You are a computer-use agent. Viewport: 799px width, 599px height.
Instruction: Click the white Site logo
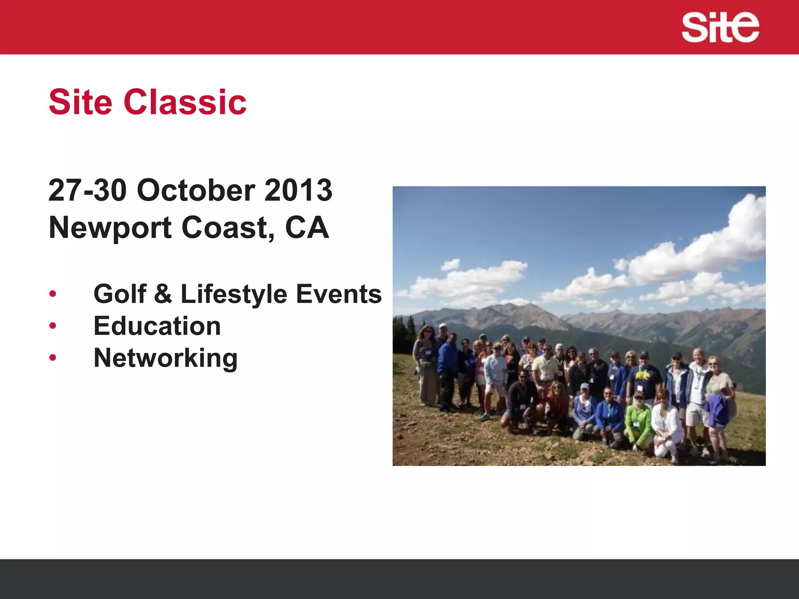click(x=720, y=27)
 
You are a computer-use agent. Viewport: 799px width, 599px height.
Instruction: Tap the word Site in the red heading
click(x=80, y=102)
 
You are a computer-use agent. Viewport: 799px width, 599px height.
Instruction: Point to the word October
click(x=196, y=190)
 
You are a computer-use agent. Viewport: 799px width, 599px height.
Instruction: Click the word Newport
click(x=110, y=228)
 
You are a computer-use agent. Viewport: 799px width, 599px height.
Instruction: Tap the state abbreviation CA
click(x=307, y=228)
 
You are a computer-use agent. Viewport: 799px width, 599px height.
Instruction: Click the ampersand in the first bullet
click(x=163, y=294)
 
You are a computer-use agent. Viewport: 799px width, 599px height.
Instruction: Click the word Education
click(x=157, y=326)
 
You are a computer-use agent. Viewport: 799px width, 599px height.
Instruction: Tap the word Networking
click(x=165, y=358)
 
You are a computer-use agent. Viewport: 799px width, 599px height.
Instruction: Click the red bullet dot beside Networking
click(x=53, y=357)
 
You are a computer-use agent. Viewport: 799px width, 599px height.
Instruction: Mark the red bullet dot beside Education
click(x=53, y=325)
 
